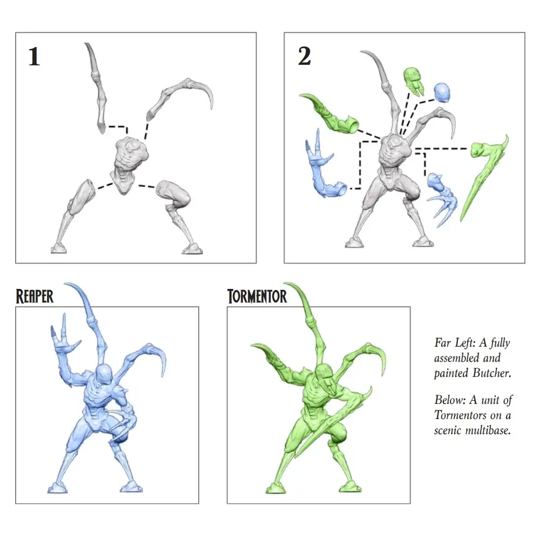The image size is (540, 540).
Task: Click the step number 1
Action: tap(34, 57)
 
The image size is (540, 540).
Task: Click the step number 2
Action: tap(305, 56)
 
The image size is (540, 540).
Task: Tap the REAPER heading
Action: tap(35, 296)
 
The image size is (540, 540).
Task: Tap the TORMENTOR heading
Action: tap(257, 296)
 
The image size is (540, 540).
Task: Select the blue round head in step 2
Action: tap(442, 92)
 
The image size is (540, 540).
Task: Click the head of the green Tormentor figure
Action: tap(325, 374)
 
